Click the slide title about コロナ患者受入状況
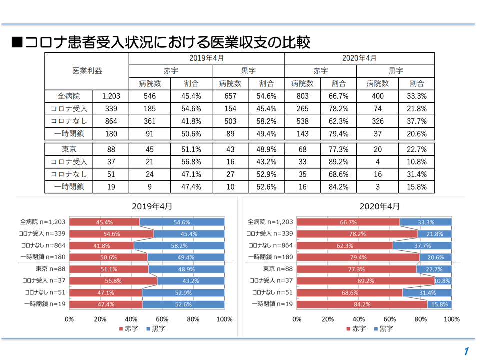pyautogui.click(x=161, y=42)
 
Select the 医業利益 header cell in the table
pyautogui.click(x=87, y=71)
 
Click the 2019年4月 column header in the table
pyautogui.click(x=206, y=58)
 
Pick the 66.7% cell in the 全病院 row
pyautogui.click(x=340, y=96)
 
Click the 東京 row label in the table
pyautogui.click(x=69, y=149)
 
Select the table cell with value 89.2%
pyautogui.click(x=340, y=162)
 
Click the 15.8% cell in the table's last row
pyautogui.click(x=417, y=187)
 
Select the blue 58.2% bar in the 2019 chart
pyautogui.click(x=179, y=246)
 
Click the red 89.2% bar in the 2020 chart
pyautogui.click(x=366, y=281)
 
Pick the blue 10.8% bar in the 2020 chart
pyautogui.click(x=443, y=281)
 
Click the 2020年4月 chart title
pyautogui.click(x=379, y=206)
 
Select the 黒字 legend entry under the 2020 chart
pyautogui.click(x=383, y=328)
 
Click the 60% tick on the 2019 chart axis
pyautogui.click(x=162, y=319)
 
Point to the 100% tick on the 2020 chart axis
pyautogui.click(x=451, y=319)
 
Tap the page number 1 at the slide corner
pyautogui.click(x=466, y=351)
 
